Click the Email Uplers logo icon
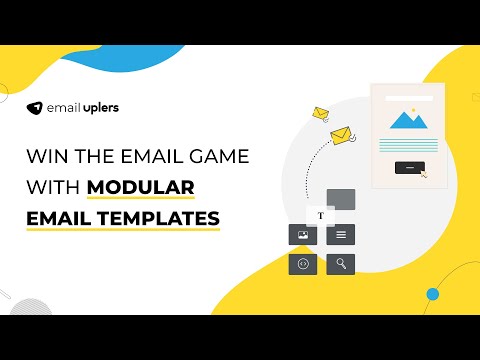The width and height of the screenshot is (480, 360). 34,108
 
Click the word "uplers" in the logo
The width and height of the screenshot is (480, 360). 98,108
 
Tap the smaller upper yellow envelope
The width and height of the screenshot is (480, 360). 321,113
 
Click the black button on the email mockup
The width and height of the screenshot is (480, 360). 407,167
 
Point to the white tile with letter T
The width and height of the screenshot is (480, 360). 320,216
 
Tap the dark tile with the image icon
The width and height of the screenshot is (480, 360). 303,236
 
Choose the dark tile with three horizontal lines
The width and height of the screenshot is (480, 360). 341,236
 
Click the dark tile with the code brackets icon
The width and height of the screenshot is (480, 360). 303,264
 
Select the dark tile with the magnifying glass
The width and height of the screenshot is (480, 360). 341,264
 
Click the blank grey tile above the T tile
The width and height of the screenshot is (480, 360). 341,198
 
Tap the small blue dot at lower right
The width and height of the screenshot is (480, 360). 432,294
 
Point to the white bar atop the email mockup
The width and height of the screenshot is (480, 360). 407,91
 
